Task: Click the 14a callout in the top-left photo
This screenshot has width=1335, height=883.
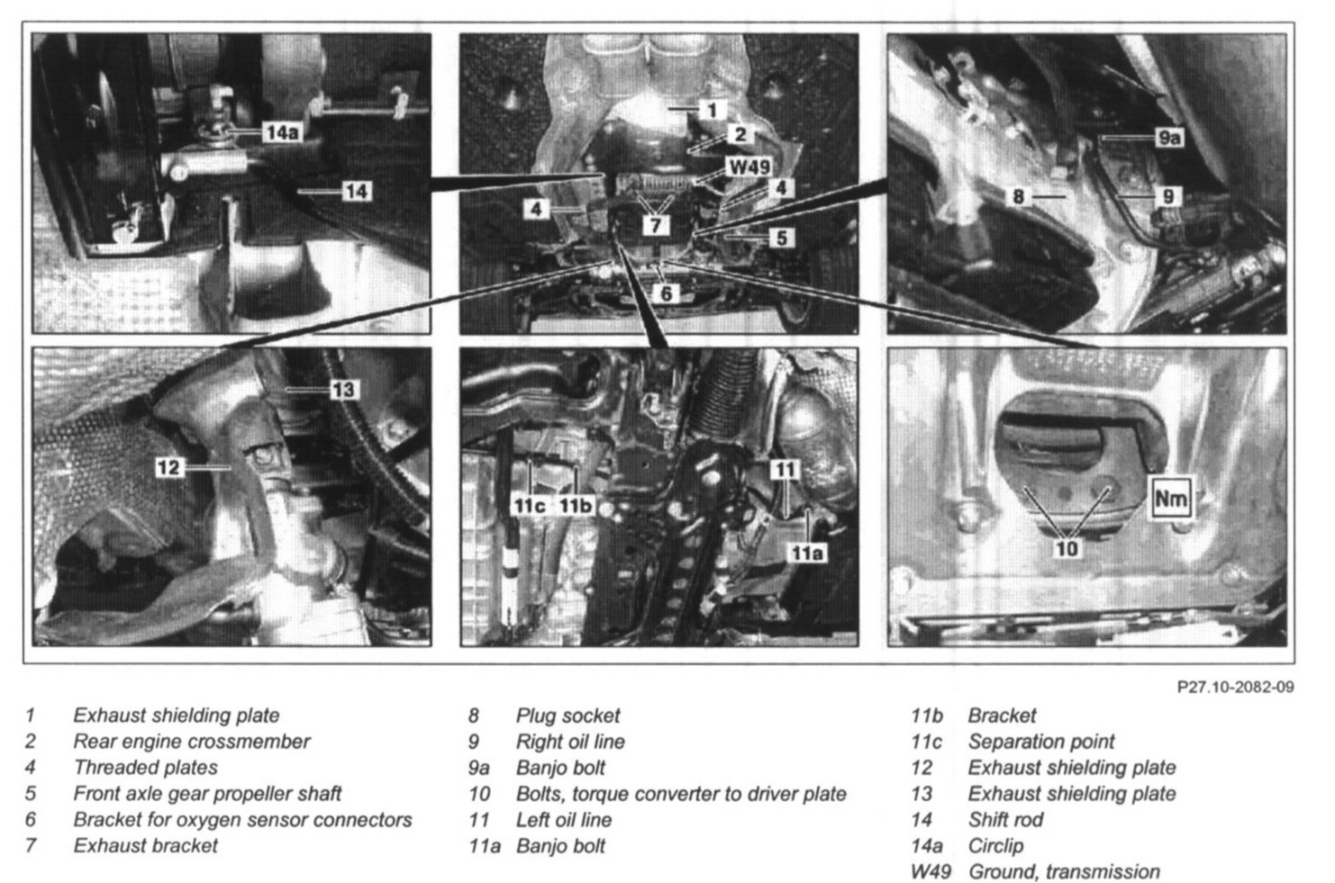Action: (x=281, y=132)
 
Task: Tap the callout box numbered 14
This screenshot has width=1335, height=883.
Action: (x=357, y=191)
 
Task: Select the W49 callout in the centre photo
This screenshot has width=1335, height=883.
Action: (x=749, y=168)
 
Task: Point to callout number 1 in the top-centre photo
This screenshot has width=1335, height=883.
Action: (x=712, y=110)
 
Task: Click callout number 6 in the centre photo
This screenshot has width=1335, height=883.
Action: (x=666, y=293)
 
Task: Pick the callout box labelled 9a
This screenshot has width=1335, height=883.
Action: (x=1168, y=138)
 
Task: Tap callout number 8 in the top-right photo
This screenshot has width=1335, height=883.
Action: (x=1018, y=195)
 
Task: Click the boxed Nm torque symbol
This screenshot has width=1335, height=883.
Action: (x=1170, y=498)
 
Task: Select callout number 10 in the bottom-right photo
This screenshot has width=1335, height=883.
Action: (x=1067, y=547)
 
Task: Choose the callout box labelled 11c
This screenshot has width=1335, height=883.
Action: (x=527, y=505)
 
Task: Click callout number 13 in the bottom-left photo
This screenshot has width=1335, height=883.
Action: (x=343, y=390)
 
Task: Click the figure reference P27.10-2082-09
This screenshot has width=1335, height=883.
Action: (x=1235, y=687)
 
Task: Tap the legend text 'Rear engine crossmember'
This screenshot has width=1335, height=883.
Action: (x=191, y=742)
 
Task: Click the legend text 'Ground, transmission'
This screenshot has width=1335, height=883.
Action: (x=1063, y=871)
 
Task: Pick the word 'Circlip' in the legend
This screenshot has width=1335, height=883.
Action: (x=995, y=845)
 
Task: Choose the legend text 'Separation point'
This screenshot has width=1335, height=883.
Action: (x=1040, y=742)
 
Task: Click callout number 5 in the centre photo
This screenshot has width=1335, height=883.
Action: (x=781, y=238)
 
